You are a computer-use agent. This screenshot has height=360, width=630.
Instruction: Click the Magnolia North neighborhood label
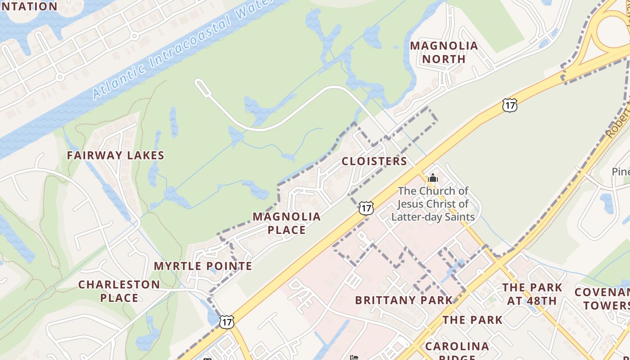click(x=444, y=52)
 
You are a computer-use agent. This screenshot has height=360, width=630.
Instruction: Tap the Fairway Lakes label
click(x=116, y=155)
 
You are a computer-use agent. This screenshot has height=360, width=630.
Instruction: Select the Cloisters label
click(x=374, y=161)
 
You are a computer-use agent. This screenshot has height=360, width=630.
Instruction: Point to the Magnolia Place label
click(x=287, y=223)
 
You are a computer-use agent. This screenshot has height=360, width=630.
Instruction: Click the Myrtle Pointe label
click(x=203, y=266)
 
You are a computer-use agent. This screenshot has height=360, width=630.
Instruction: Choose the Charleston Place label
click(x=119, y=291)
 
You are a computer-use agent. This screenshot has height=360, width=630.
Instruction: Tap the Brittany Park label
click(x=404, y=300)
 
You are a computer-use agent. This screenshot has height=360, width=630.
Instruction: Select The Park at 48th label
click(x=532, y=294)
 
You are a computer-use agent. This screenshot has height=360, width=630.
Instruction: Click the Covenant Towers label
click(x=603, y=299)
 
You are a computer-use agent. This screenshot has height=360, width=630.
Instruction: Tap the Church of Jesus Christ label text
click(x=433, y=204)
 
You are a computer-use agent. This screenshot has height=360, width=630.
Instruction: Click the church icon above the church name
click(x=432, y=178)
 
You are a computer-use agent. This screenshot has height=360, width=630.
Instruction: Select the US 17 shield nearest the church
click(x=366, y=208)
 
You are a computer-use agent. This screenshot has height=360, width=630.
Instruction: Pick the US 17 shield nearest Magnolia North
click(x=509, y=105)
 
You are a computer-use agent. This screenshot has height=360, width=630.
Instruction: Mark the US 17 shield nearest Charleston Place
click(x=226, y=321)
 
